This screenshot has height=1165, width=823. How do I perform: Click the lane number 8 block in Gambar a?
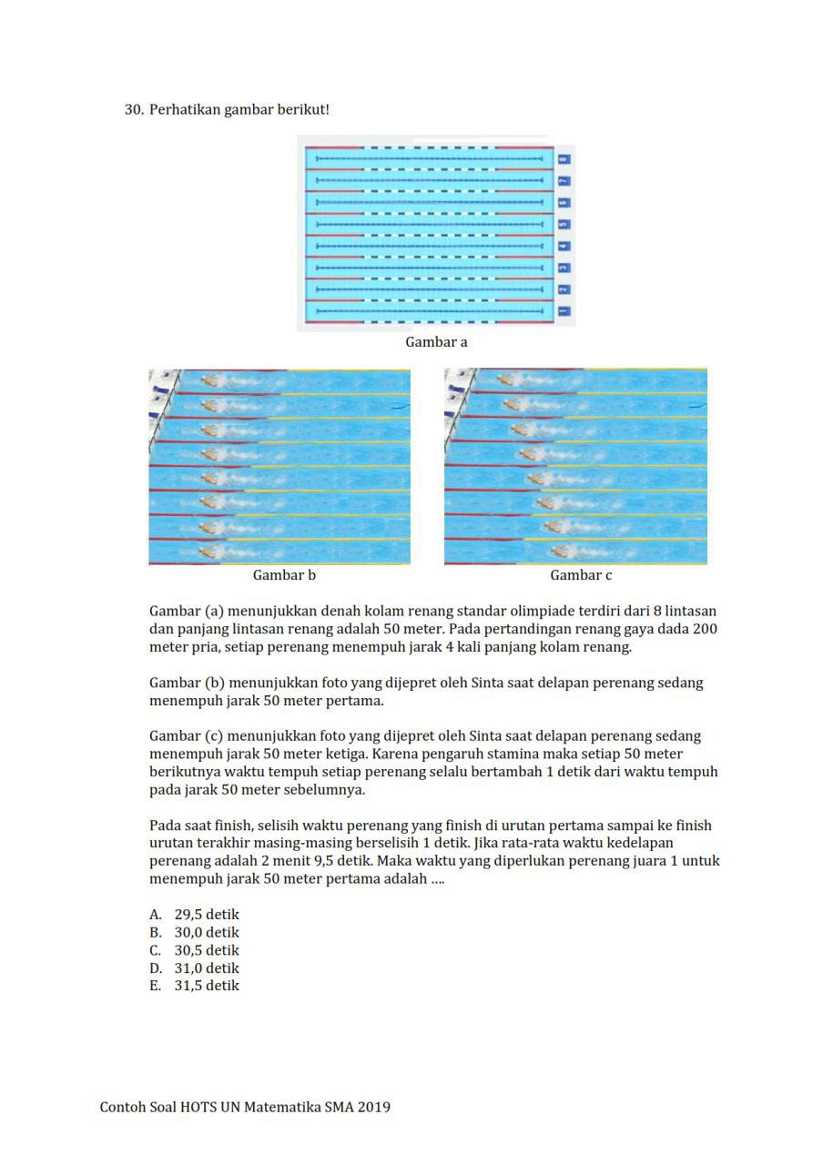[564, 159]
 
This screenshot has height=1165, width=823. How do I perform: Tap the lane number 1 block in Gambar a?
[564, 311]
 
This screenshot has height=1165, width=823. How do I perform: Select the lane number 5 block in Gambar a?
[564, 224]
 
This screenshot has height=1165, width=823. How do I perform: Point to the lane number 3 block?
[564, 268]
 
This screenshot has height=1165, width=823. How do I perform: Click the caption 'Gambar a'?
[436, 342]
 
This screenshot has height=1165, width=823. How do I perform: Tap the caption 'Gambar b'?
[284, 575]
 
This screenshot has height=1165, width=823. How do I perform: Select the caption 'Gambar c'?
[581, 575]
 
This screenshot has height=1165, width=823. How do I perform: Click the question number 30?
[134, 109]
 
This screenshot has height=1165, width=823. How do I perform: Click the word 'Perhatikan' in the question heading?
[186, 109]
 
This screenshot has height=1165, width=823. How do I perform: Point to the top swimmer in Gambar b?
[211, 380]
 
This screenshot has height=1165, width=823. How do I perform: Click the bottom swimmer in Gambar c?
[566, 551]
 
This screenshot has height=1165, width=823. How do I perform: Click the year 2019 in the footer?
[373, 1108]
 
